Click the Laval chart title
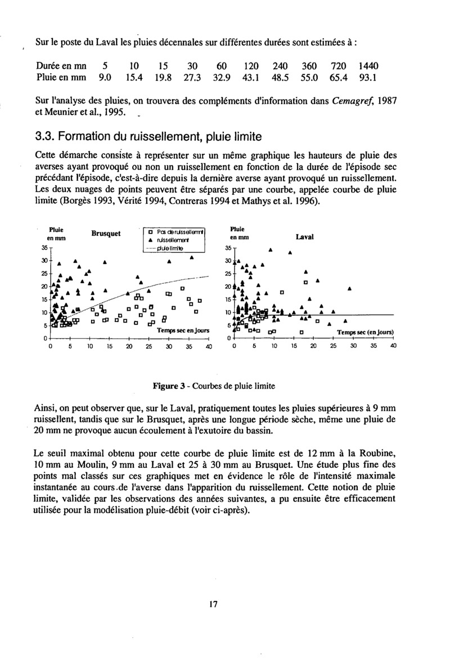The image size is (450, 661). click(304, 238)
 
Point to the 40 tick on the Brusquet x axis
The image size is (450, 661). click(209, 347)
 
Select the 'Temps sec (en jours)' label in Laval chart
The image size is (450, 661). click(364, 332)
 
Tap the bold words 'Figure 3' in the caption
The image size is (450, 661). click(169, 386)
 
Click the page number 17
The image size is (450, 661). click(213, 605)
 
